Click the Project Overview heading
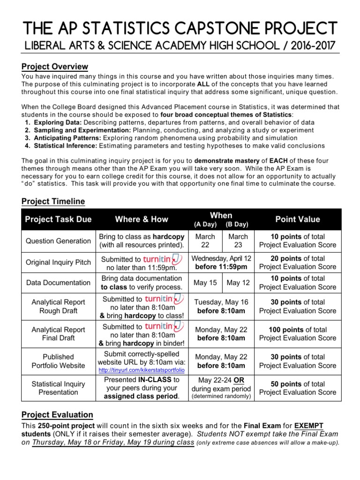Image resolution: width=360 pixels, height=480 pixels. tap(55, 67)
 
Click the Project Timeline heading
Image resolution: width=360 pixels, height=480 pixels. tap(53, 201)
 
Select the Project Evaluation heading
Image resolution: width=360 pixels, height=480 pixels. tap(57, 414)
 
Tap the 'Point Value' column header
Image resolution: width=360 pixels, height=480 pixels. tap(298, 219)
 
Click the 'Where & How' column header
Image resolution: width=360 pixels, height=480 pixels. tap(142, 219)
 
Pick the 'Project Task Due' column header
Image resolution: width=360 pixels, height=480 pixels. tap(58, 219)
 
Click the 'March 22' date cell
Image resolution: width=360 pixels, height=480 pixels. tap(205, 240)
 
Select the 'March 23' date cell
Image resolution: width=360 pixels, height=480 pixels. tap(238, 240)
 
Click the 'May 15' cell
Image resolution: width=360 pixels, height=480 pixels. tap(205, 283)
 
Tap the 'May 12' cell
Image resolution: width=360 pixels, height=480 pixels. tap(238, 283)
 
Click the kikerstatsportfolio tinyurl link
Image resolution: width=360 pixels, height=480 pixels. tap(142, 370)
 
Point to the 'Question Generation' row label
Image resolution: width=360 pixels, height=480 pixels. tap(58, 240)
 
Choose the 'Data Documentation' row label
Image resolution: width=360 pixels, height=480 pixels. tap(58, 283)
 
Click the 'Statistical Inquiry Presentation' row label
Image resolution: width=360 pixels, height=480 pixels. tap(58, 388)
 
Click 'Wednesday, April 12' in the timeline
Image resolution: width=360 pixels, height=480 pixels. tap(221, 258)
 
